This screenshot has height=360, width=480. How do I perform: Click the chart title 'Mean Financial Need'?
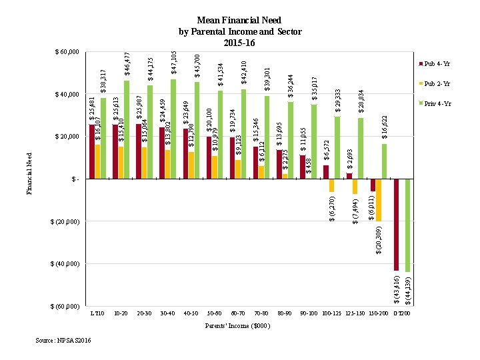coord(240,21)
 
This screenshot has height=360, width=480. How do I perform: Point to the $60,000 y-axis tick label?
coord(67,51)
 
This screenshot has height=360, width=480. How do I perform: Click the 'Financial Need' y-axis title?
coord(29,173)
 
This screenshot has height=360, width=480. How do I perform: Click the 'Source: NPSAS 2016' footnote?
coord(63,341)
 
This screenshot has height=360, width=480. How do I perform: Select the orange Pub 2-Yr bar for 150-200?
coord(379,200)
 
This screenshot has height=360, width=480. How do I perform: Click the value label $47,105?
coord(173,62)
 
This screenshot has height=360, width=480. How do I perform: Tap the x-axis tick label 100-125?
coord(331,313)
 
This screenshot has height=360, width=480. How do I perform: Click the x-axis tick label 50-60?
coord(214,313)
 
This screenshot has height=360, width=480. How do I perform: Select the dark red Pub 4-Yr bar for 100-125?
coord(326,172)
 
